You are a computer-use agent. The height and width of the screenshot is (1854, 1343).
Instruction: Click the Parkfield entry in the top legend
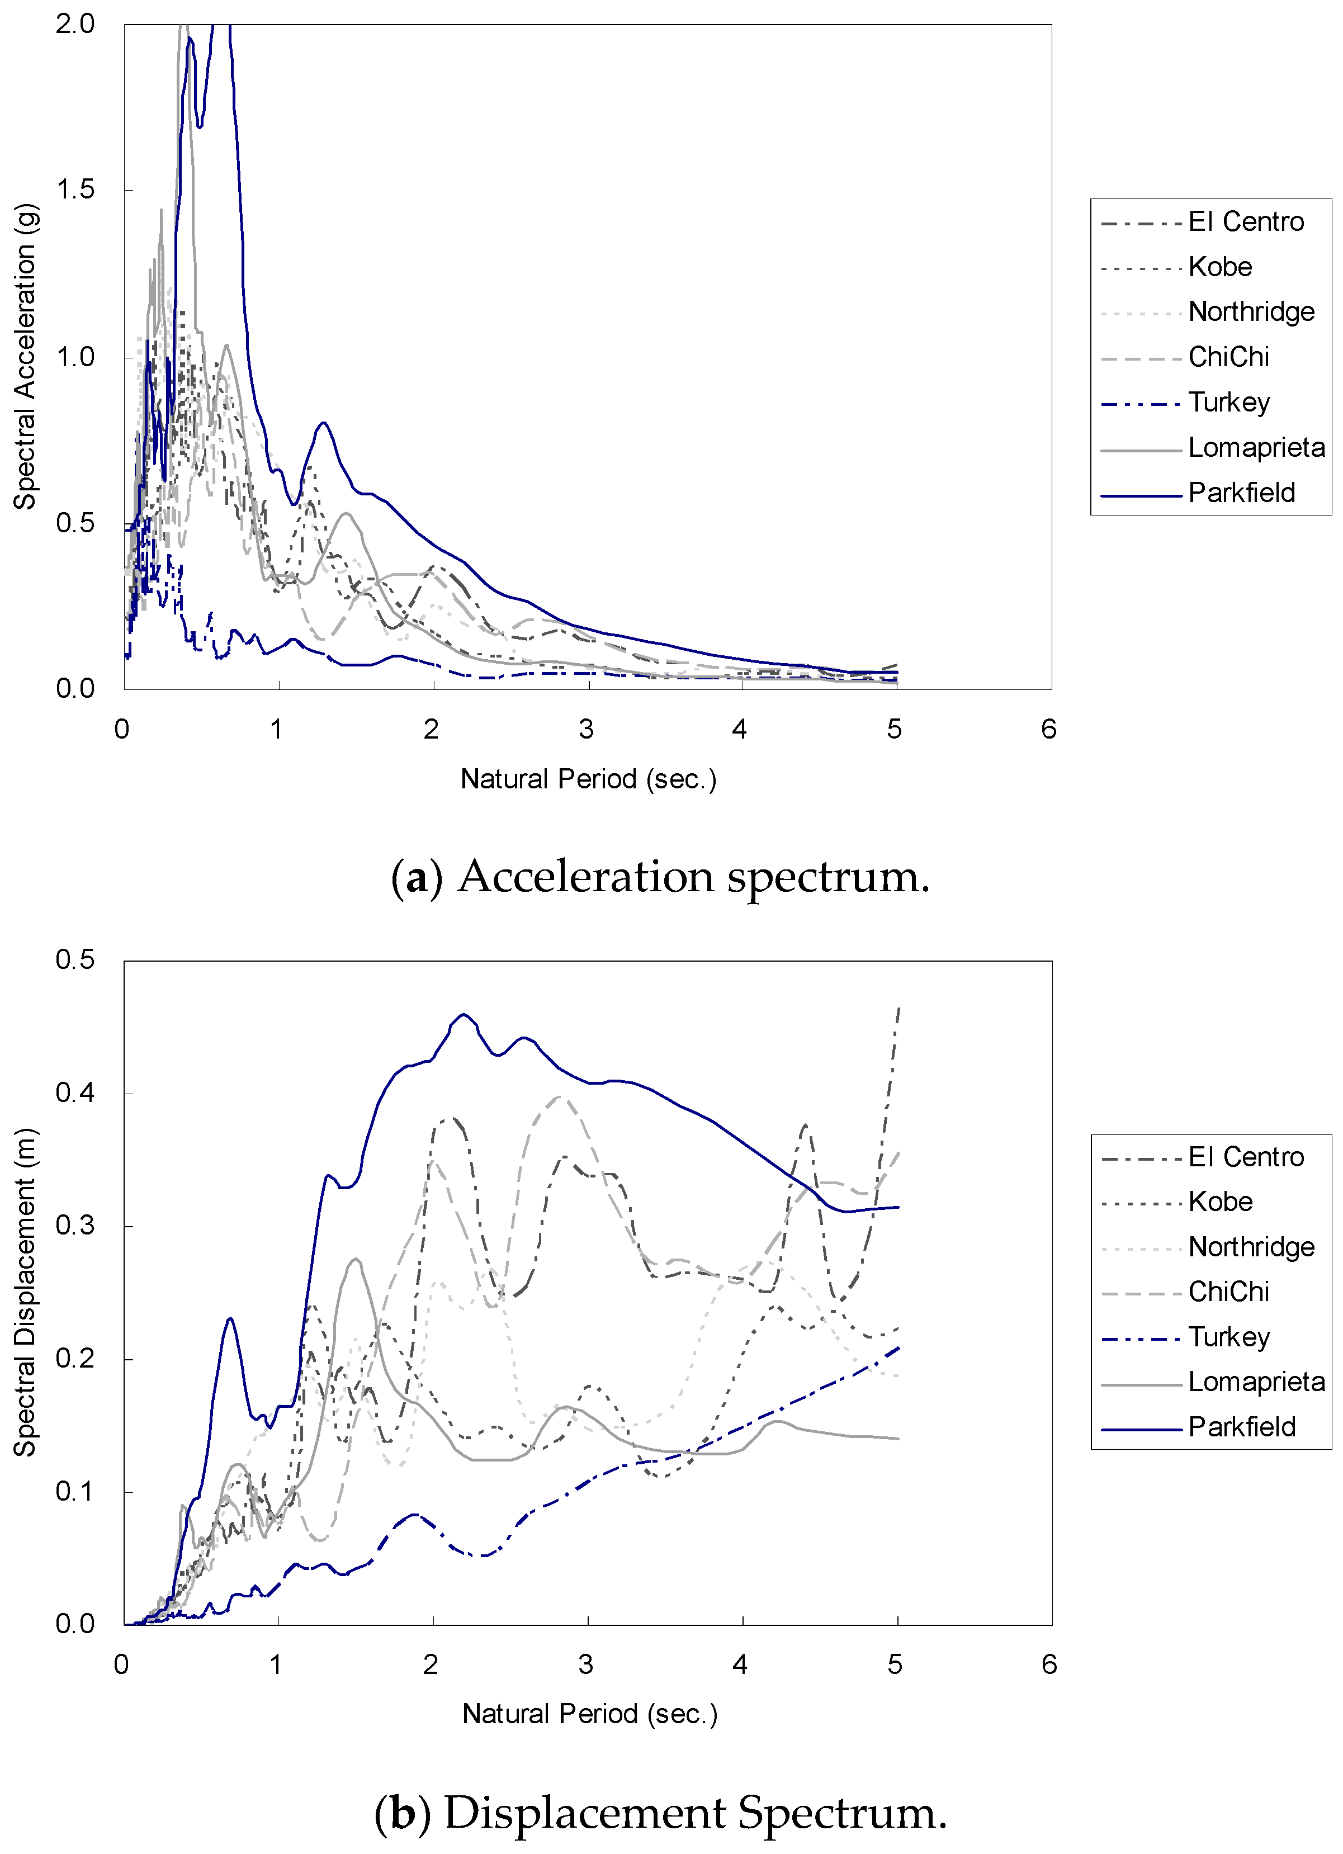click(x=1241, y=493)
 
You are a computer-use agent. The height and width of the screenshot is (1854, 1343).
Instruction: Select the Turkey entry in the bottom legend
click(x=1228, y=1337)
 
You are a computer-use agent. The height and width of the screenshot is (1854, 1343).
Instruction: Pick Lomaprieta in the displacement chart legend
click(x=1256, y=1382)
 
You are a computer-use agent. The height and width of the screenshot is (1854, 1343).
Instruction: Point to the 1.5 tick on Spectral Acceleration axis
click(x=75, y=190)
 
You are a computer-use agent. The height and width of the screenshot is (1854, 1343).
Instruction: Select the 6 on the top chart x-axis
click(x=1049, y=729)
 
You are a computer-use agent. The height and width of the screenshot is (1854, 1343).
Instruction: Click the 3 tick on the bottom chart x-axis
click(x=586, y=1664)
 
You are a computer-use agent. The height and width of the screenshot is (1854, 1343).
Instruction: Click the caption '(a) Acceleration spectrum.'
click(x=660, y=877)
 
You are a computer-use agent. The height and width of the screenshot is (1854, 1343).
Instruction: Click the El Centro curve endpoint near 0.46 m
click(x=899, y=1010)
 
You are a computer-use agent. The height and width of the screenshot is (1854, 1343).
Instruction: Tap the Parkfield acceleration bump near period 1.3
click(x=324, y=423)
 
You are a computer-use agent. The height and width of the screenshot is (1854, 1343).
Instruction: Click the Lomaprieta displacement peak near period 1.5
click(x=356, y=1259)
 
